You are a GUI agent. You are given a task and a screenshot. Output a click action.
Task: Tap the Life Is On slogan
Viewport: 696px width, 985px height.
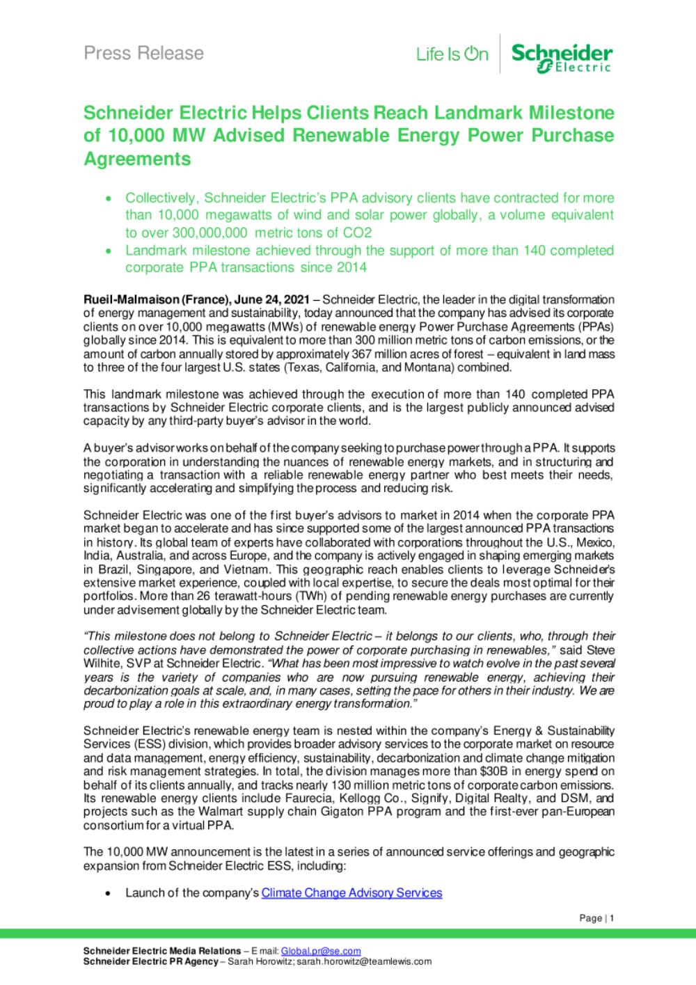tap(452, 54)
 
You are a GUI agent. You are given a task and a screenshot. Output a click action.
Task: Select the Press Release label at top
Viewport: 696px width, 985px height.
tap(143, 53)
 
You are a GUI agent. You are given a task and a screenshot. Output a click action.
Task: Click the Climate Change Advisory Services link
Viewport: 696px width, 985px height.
tap(351, 892)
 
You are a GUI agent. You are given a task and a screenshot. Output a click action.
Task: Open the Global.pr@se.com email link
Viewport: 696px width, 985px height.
tap(321, 951)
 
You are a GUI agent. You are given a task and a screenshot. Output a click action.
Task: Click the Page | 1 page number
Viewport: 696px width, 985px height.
tap(596, 918)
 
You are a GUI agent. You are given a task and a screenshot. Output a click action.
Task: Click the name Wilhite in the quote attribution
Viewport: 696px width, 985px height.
tap(102, 663)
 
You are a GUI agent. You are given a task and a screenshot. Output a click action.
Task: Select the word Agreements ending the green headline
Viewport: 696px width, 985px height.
tap(137, 159)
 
